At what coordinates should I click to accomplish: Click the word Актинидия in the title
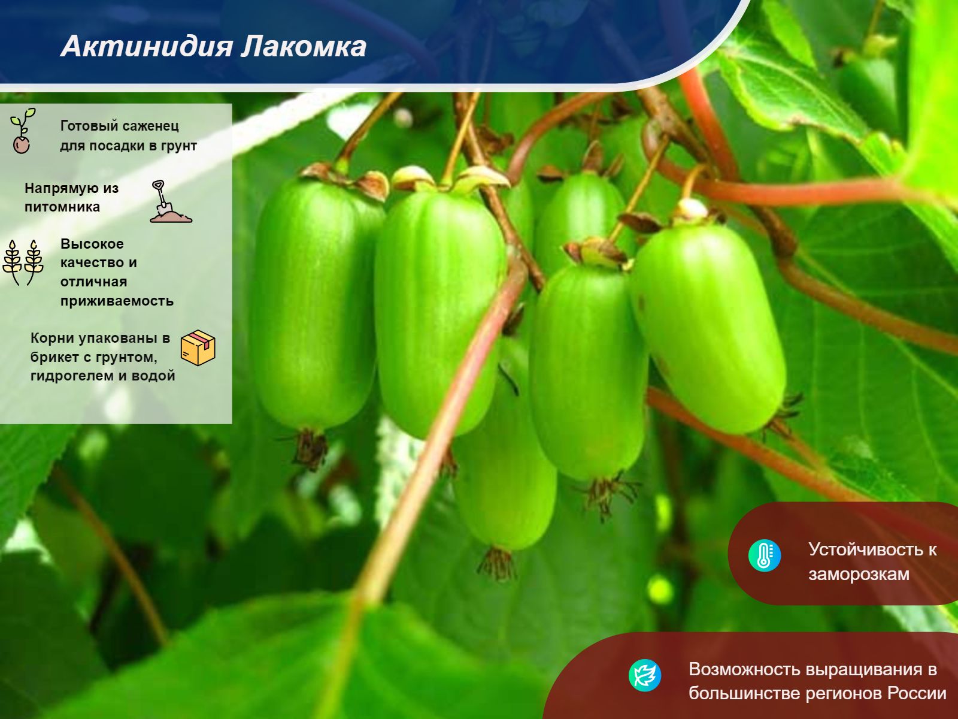[147, 47]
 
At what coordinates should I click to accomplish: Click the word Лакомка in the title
[304, 46]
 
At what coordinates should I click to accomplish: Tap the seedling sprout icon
[22, 131]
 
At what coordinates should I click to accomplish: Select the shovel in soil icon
[170, 202]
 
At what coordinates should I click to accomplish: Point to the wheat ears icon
[23, 262]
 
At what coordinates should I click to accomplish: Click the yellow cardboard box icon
[198, 348]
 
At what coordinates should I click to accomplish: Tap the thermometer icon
[764, 555]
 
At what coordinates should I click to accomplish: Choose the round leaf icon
[645, 675]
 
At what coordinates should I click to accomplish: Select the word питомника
[62, 207]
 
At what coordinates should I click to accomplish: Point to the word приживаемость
[117, 301]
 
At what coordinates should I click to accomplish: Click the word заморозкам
[859, 575]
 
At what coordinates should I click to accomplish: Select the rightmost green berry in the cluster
[708, 327]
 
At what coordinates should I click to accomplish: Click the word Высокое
[92, 244]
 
